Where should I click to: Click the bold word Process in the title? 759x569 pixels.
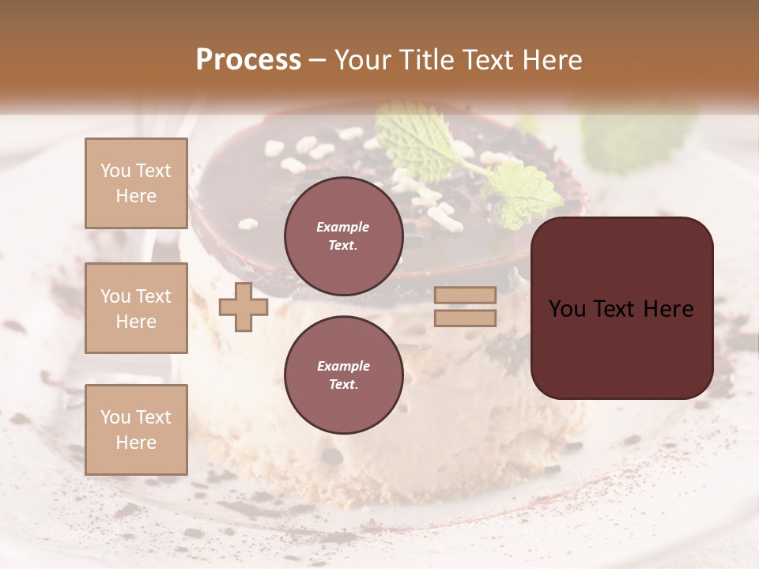[x=248, y=60]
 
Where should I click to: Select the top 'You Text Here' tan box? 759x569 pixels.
[x=136, y=183]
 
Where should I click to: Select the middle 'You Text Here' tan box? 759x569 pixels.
[x=136, y=308]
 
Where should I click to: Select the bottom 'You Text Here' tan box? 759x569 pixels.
[x=136, y=429]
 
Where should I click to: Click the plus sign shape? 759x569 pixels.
[x=244, y=307]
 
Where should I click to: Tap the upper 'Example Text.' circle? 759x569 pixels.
[x=343, y=236]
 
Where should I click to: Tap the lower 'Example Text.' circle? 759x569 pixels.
[x=343, y=375]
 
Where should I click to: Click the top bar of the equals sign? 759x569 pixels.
[x=466, y=295]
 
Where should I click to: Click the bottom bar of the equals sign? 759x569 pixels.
[x=466, y=318]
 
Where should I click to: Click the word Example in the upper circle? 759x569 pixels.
[x=343, y=227]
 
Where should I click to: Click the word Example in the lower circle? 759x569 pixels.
[x=343, y=366]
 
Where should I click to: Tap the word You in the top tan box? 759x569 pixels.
[x=115, y=171]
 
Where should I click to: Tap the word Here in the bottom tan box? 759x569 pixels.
[x=136, y=443]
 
